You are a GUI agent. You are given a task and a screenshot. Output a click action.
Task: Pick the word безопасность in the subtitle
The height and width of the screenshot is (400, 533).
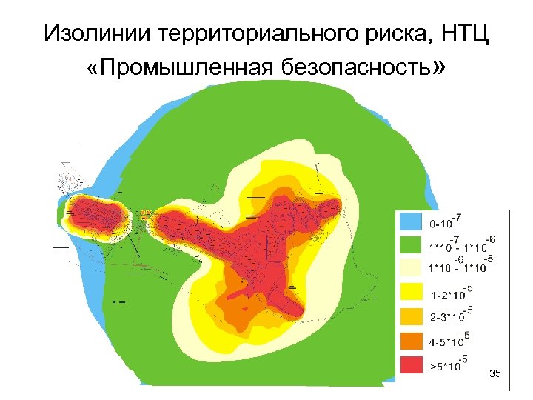pyautogui.click(x=356, y=68)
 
